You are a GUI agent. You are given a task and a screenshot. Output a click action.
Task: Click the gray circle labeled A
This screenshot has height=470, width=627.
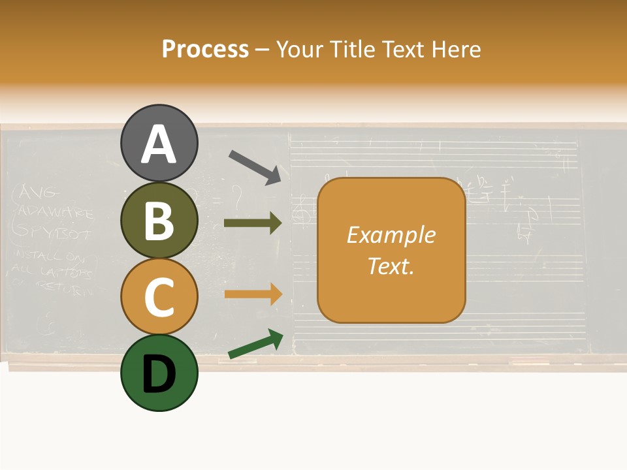(159, 144)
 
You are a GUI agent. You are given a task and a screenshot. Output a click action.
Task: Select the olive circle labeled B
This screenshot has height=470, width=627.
(159, 220)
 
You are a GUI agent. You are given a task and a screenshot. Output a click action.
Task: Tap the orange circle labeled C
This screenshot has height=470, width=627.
(159, 296)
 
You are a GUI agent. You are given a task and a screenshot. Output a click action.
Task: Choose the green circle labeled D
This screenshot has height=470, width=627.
(159, 373)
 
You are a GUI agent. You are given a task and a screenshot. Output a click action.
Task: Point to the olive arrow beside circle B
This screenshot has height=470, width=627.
(253, 223)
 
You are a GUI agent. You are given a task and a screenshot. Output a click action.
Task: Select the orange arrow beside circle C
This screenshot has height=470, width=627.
(253, 294)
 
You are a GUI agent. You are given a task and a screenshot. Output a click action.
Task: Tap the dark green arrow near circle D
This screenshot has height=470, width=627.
(255, 345)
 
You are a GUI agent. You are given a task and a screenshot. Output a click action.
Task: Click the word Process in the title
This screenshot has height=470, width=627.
(205, 49)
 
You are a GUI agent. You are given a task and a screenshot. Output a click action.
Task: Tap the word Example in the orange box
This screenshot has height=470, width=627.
(391, 235)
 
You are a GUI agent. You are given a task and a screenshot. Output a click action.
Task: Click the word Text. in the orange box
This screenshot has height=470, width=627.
(391, 266)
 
